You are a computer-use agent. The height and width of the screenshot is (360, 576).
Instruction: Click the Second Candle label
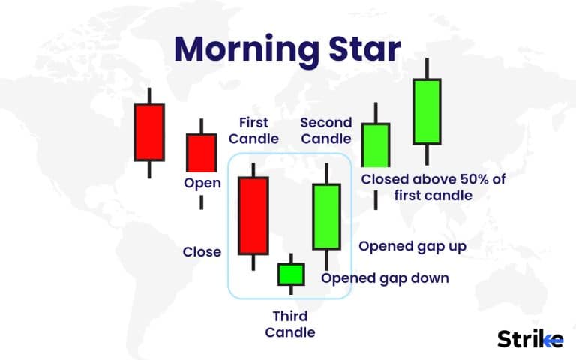[x=325, y=130]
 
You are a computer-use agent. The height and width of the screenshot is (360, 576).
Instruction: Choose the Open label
[x=202, y=183]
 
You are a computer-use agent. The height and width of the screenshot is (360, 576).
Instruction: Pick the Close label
[x=202, y=251]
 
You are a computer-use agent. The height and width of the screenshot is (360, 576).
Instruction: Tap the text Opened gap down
[x=385, y=277]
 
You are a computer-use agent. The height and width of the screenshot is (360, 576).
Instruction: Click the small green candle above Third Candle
[x=291, y=274]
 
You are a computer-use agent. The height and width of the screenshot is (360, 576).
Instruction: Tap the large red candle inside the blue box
[x=253, y=215]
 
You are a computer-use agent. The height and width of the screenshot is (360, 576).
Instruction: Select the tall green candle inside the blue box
[x=326, y=216]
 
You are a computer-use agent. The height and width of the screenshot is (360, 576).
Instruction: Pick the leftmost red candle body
[x=148, y=131]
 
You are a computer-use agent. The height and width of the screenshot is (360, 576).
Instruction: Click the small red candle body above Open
[x=200, y=152]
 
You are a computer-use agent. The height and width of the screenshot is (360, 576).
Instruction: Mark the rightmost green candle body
[x=426, y=111]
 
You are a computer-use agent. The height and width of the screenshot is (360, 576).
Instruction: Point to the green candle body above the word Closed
[x=376, y=145]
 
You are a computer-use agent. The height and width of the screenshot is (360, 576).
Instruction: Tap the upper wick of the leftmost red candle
[x=148, y=95]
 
